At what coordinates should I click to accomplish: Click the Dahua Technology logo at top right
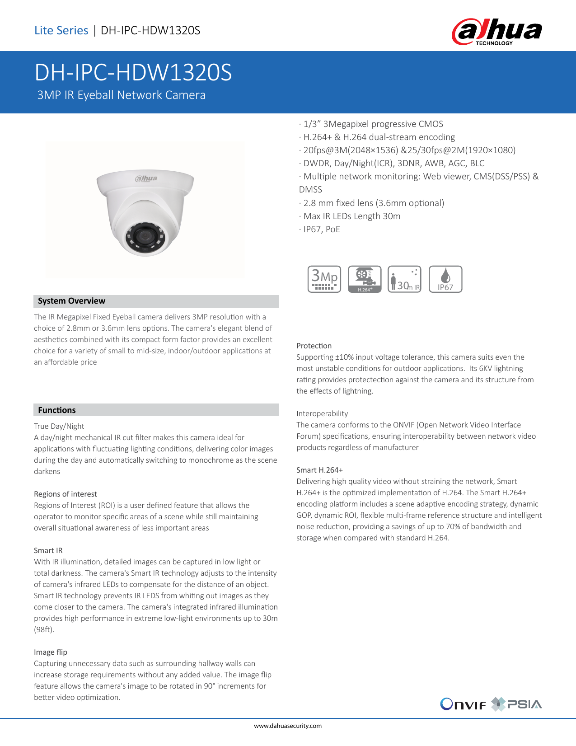point(496,32)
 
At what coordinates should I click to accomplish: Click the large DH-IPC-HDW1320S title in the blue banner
point(133,72)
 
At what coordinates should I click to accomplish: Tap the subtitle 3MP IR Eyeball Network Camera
point(121,95)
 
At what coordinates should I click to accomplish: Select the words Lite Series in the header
point(61,30)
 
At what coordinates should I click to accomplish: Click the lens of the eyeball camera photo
point(145,236)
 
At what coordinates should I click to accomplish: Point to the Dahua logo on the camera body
point(146,178)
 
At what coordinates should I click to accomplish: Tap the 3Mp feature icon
point(324,279)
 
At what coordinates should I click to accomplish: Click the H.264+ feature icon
point(365,279)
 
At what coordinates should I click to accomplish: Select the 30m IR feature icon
point(404,279)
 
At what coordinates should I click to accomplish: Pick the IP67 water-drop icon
point(445,279)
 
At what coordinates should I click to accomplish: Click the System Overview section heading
point(71,301)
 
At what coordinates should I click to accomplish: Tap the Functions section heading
point(57,410)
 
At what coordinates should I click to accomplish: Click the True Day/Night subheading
point(59,426)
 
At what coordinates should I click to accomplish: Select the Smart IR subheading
point(48,550)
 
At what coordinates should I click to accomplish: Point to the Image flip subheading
point(51,652)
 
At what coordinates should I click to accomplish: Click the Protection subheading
point(314,346)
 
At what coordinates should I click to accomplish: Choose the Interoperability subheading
point(322,413)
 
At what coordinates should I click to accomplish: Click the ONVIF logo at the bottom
point(463,704)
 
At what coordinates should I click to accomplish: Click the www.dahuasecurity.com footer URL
point(288,726)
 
